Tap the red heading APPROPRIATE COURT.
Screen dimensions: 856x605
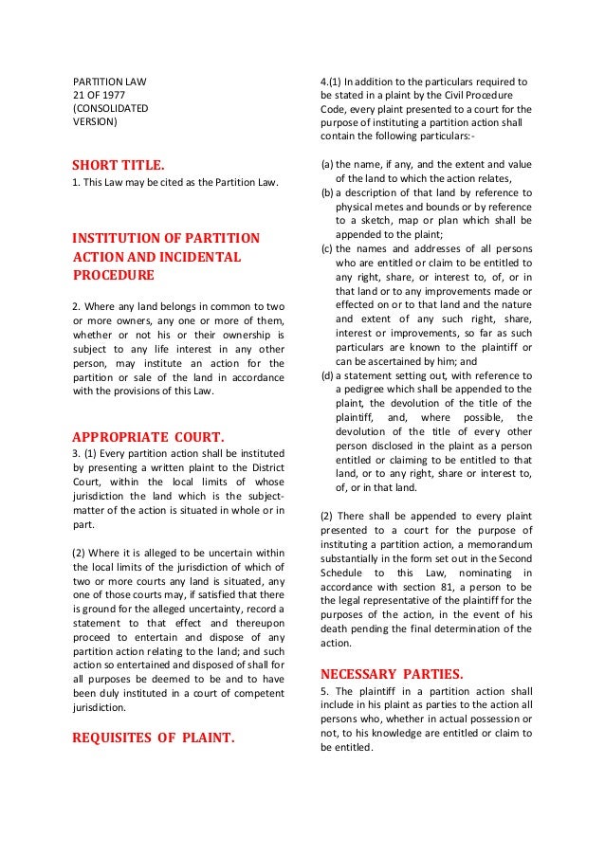pos(149,437)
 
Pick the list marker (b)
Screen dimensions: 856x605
pos(327,192)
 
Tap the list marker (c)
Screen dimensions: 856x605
pos(327,248)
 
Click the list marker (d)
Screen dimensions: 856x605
pos(327,375)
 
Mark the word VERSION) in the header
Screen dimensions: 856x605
pos(96,122)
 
